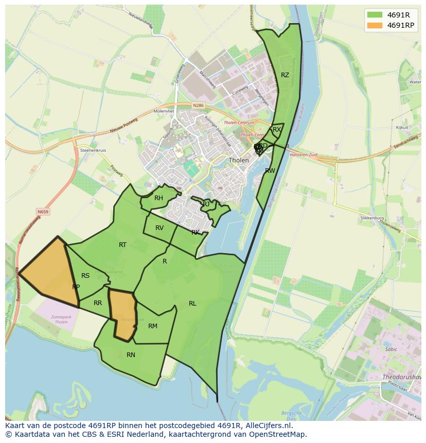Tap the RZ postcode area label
pos(285,75)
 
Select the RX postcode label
pos(277,130)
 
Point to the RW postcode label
pos(270,171)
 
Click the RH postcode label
pos(158,198)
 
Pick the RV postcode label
pos(159,228)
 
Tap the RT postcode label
pos(122,245)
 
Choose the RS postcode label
pos(85,276)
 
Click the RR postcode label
pos(98,303)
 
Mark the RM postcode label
pos(153,326)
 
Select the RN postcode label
pos(131,355)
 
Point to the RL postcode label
pos(192,304)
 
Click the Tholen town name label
pos(239,160)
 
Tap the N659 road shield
pos(43,211)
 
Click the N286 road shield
pos(198,105)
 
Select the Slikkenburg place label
pos(372,218)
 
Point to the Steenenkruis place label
pos(93,150)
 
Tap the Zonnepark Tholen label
pos(61,320)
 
